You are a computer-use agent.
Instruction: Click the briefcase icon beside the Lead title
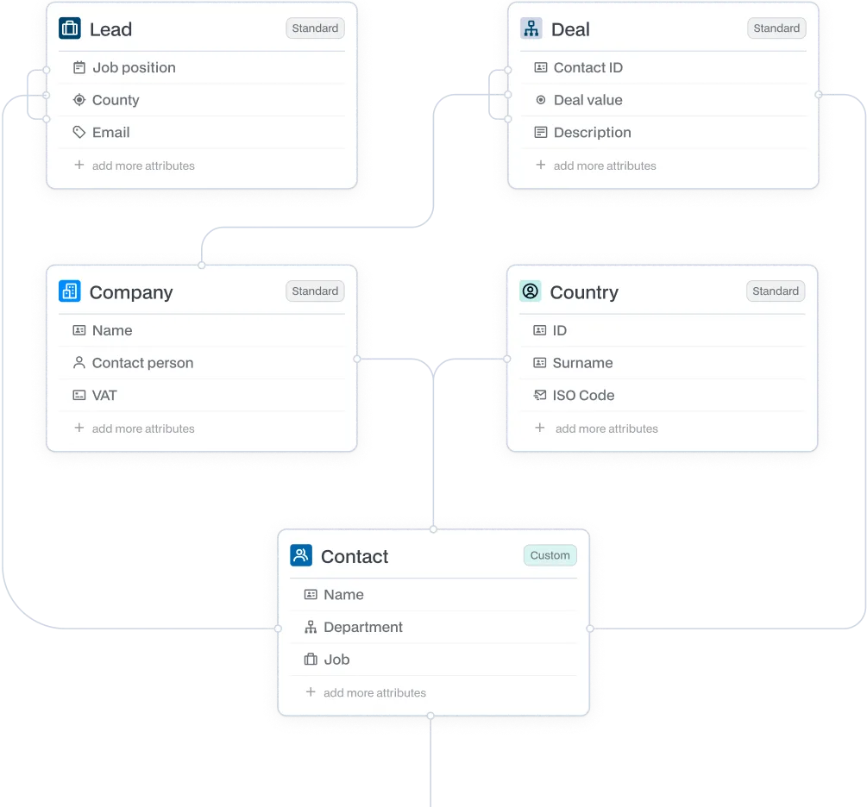(70, 28)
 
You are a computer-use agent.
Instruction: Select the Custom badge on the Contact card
(550, 555)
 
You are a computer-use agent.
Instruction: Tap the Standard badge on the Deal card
(776, 28)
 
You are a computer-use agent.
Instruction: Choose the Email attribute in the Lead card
(110, 133)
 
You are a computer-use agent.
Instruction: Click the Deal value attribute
(587, 100)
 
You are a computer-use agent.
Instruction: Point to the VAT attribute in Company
(104, 396)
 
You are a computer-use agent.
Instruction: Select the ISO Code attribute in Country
(583, 396)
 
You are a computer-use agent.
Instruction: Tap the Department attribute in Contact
(362, 628)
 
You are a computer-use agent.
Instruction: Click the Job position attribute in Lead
(134, 68)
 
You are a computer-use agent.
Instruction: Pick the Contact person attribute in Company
(142, 363)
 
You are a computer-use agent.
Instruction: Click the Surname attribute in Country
(582, 363)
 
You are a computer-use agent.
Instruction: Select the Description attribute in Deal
(592, 133)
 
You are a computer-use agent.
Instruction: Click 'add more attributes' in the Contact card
(374, 693)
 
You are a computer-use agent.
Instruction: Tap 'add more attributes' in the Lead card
(143, 166)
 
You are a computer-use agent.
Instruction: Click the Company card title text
(131, 292)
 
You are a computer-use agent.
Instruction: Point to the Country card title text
(584, 292)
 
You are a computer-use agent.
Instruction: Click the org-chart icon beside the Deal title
(531, 28)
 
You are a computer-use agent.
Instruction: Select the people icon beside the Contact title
(300, 555)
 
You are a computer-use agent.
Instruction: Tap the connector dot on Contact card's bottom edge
(431, 716)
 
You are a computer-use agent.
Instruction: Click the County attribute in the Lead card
(116, 100)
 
